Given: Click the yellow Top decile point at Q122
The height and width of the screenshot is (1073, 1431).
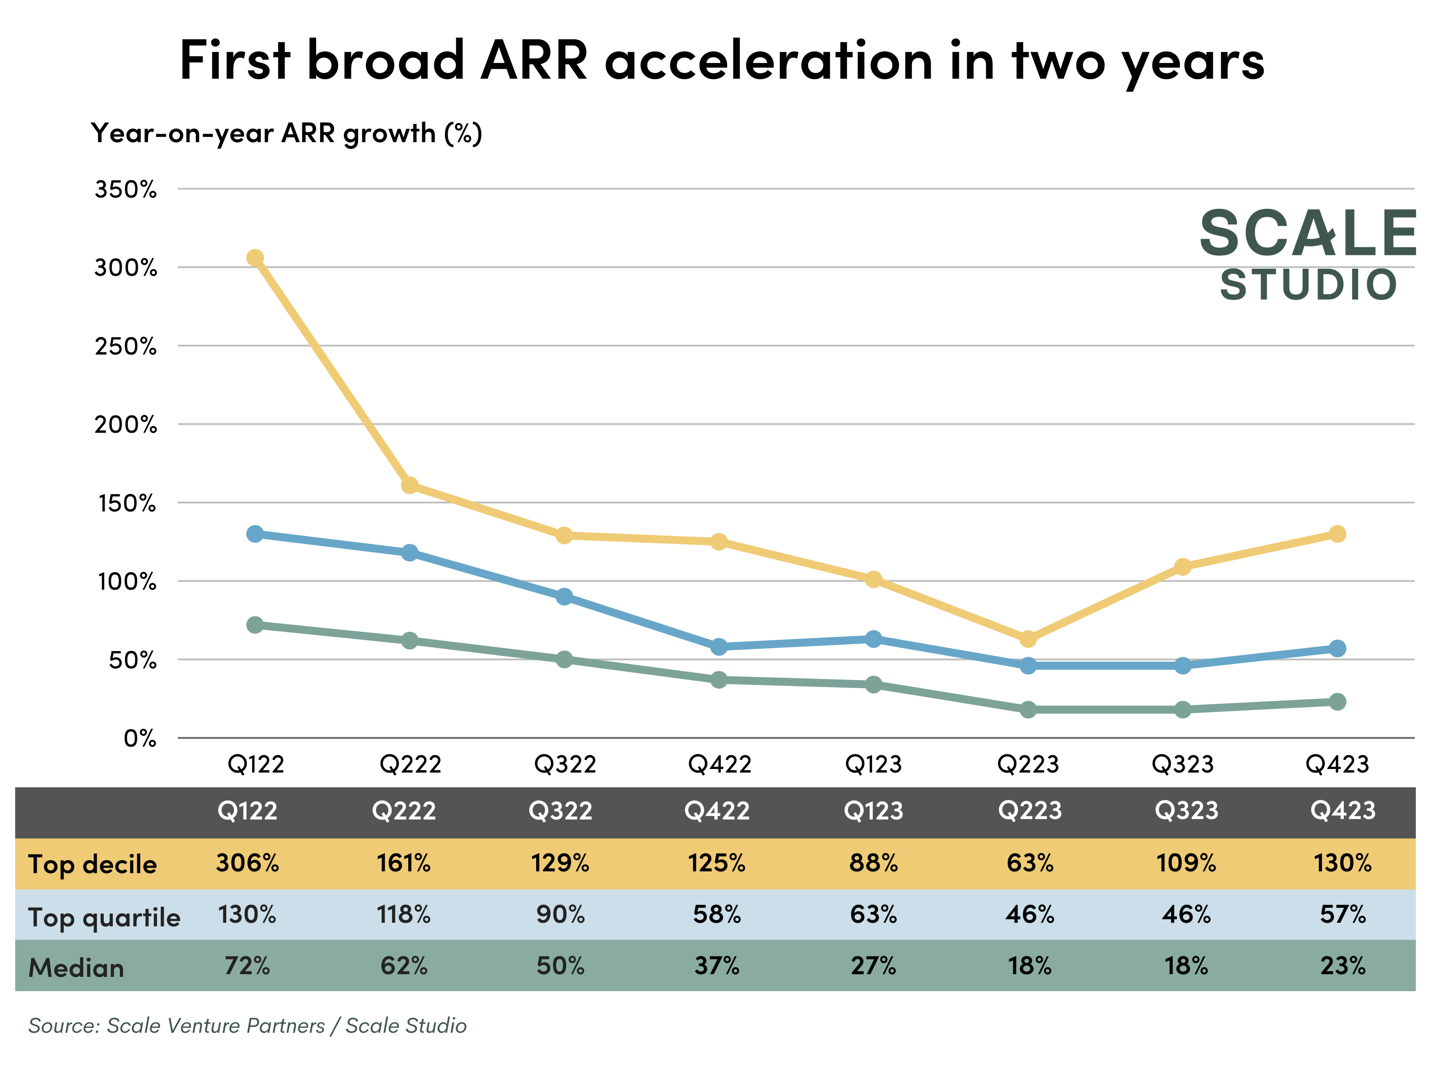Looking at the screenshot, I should tap(255, 258).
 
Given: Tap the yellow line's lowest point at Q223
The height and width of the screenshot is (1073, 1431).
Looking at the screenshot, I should tap(1028, 639).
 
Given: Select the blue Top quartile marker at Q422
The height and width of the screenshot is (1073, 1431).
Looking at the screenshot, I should tap(719, 646).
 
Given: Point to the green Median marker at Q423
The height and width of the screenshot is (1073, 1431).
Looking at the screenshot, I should tap(1337, 702).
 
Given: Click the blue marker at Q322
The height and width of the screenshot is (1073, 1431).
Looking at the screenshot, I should tap(564, 596).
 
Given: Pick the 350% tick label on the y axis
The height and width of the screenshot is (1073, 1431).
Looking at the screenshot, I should tap(126, 190).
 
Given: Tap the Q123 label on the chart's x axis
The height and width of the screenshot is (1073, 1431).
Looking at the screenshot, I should tap(873, 765).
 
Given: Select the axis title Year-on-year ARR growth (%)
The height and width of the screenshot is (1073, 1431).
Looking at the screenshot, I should tap(287, 133).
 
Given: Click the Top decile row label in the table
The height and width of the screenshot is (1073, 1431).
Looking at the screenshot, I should tap(93, 864).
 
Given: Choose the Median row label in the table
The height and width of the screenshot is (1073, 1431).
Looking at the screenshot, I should tap(76, 967).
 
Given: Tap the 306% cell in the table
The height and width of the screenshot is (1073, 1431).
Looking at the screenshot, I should tap(247, 863).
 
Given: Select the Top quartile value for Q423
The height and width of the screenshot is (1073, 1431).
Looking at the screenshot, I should tap(1342, 915).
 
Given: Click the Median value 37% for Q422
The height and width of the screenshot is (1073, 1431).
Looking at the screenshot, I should tap(717, 966).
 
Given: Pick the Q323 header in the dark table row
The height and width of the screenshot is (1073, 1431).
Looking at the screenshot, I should tap(1186, 811).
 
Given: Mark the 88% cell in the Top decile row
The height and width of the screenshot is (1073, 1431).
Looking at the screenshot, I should tap(873, 863).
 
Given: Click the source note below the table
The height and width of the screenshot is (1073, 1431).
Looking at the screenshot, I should tap(247, 1026).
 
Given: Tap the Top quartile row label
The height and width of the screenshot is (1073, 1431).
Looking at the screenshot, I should tap(104, 917).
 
